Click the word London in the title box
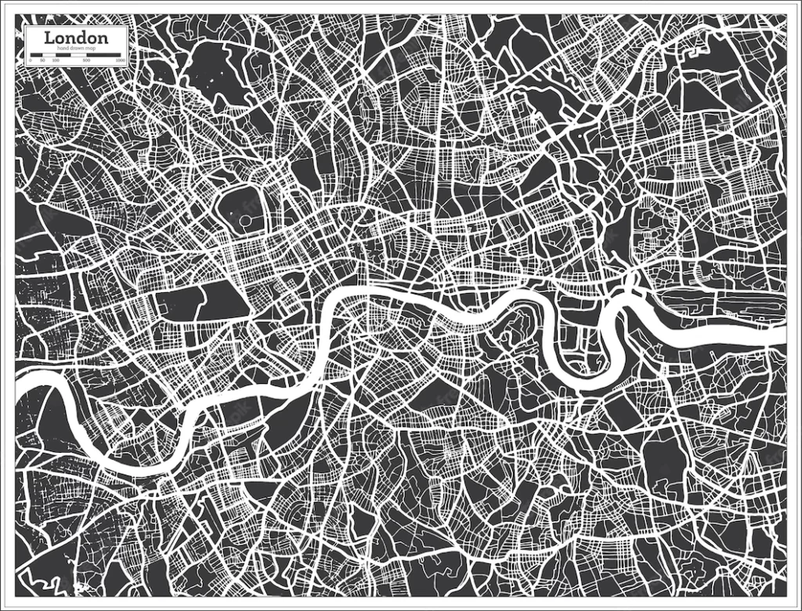(76, 38)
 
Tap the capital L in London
(49, 38)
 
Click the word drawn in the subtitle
(75, 49)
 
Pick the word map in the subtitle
(91, 49)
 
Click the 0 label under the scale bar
(30, 60)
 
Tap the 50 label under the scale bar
(42, 60)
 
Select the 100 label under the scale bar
(56, 60)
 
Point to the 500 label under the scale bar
(87, 60)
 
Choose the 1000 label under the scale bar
(120, 60)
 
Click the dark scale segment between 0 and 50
(36, 55)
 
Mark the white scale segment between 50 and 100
(49, 55)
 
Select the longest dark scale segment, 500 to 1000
(103, 55)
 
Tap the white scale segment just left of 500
(78, 55)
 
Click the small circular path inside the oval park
(245, 222)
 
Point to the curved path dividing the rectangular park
(201, 302)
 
